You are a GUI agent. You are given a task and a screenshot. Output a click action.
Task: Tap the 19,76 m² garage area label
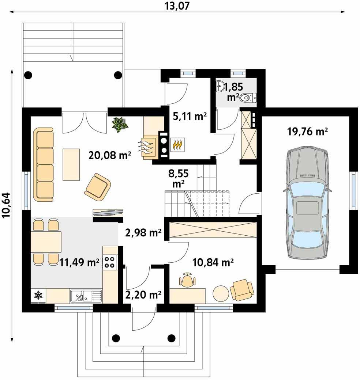[x=307, y=132]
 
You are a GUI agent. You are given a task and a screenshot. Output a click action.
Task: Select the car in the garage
[x=307, y=203]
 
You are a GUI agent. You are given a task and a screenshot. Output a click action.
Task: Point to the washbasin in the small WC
[x=220, y=86]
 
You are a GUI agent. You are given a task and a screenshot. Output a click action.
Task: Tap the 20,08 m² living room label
[x=110, y=155]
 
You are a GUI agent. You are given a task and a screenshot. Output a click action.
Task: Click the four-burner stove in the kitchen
[x=110, y=262]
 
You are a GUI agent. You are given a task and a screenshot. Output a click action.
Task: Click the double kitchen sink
[x=86, y=296]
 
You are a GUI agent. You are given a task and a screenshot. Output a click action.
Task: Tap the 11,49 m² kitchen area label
[x=79, y=262]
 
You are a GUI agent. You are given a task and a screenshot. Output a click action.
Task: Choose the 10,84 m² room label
[x=213, y=262]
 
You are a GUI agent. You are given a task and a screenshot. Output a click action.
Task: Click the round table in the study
[x=221, y=293]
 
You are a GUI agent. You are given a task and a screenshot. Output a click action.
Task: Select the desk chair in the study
[x=188, y=280]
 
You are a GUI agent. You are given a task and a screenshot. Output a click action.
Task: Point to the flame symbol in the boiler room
[x=177, y=145]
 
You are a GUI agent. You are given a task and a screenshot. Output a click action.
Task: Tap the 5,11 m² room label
[x=190, y=116]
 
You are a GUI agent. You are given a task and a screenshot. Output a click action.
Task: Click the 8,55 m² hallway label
[x=178, y=179]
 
